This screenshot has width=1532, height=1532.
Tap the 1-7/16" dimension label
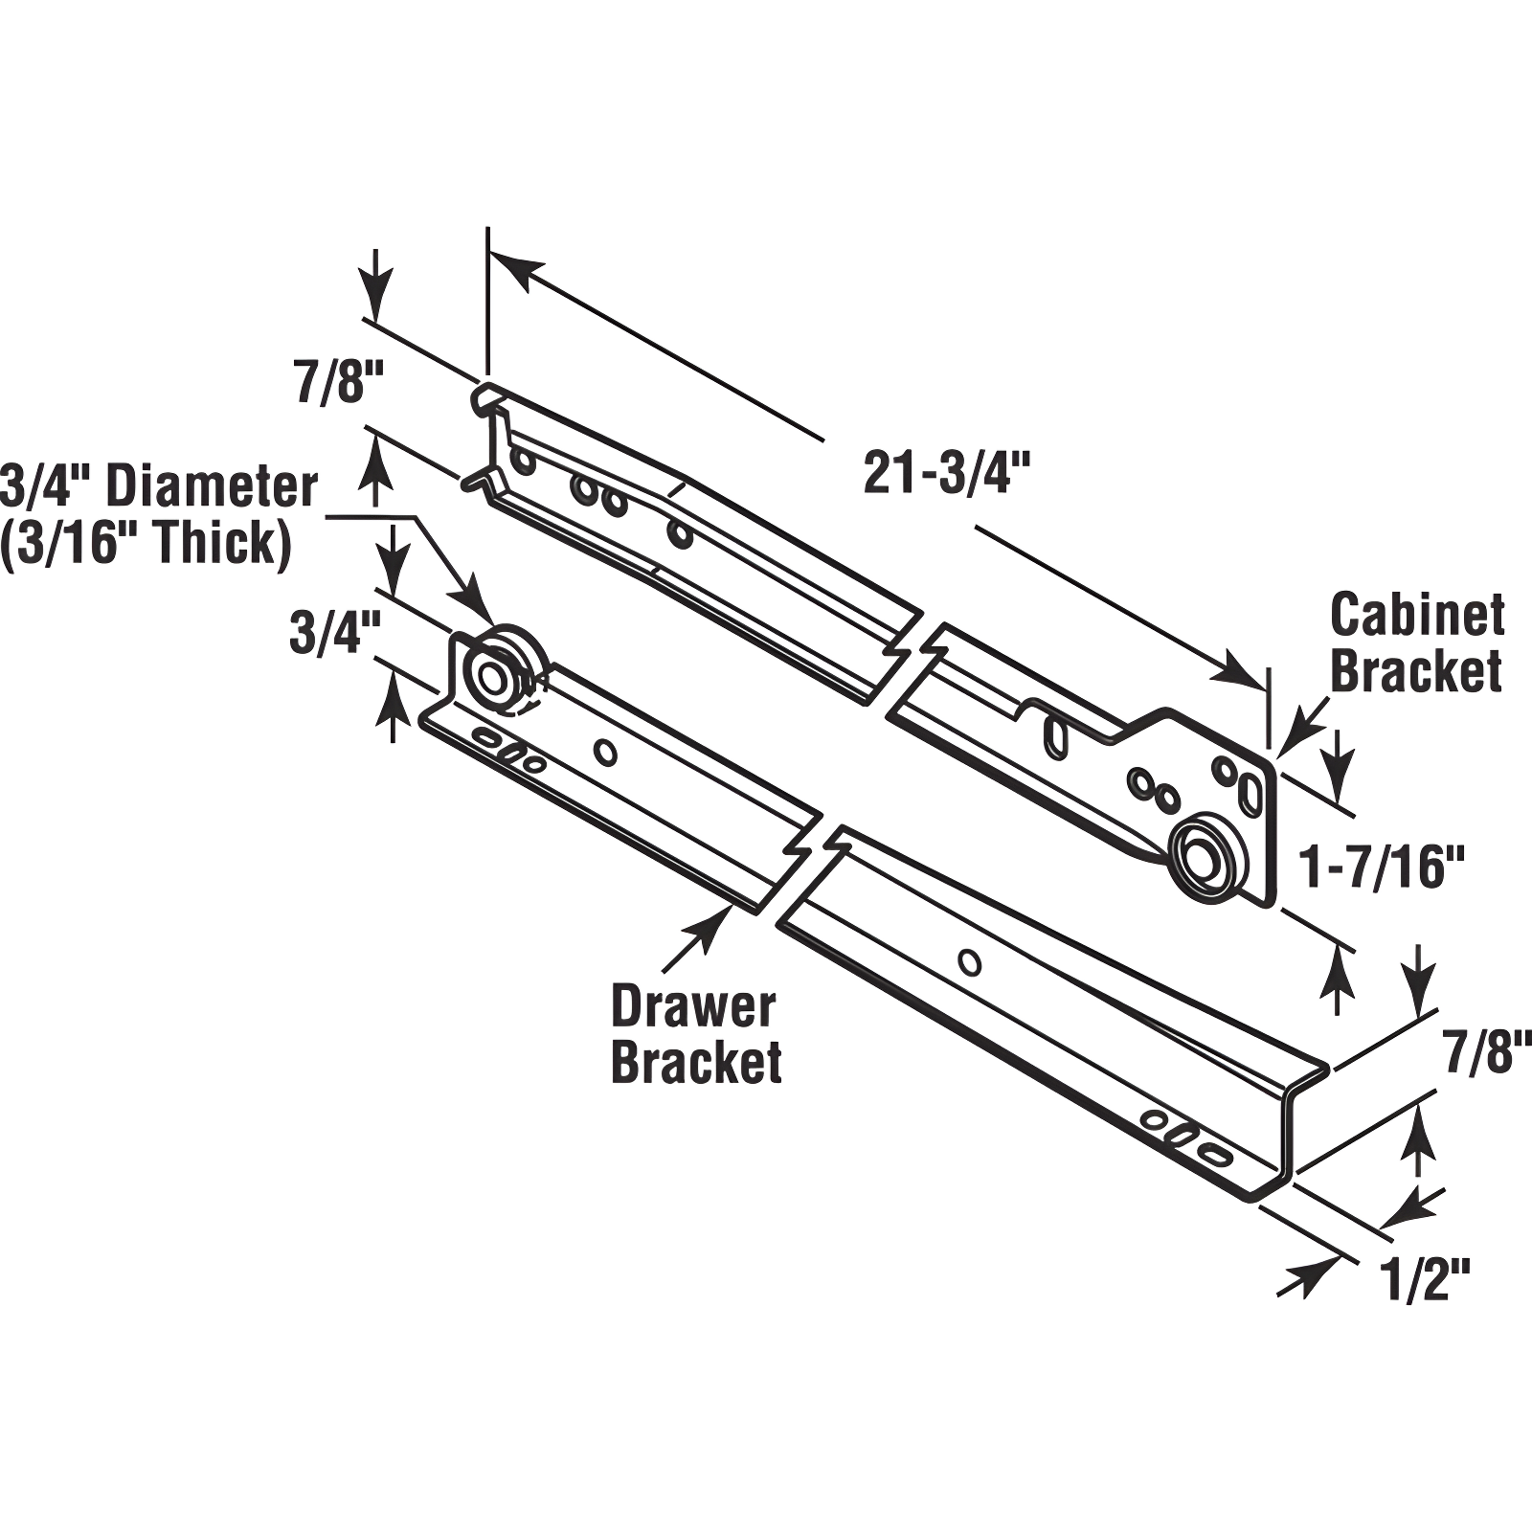click(1382, 868)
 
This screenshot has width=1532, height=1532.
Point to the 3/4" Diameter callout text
click(159, 486)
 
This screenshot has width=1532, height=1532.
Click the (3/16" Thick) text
click(146, 544)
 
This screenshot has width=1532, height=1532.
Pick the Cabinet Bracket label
click(1416, 642)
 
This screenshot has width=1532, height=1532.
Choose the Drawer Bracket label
click(695, 1035)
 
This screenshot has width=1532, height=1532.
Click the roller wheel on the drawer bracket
click(496, 675)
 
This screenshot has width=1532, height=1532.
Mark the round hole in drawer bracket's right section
click(970, 961)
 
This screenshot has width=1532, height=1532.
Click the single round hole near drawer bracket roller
click(605, 753)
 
